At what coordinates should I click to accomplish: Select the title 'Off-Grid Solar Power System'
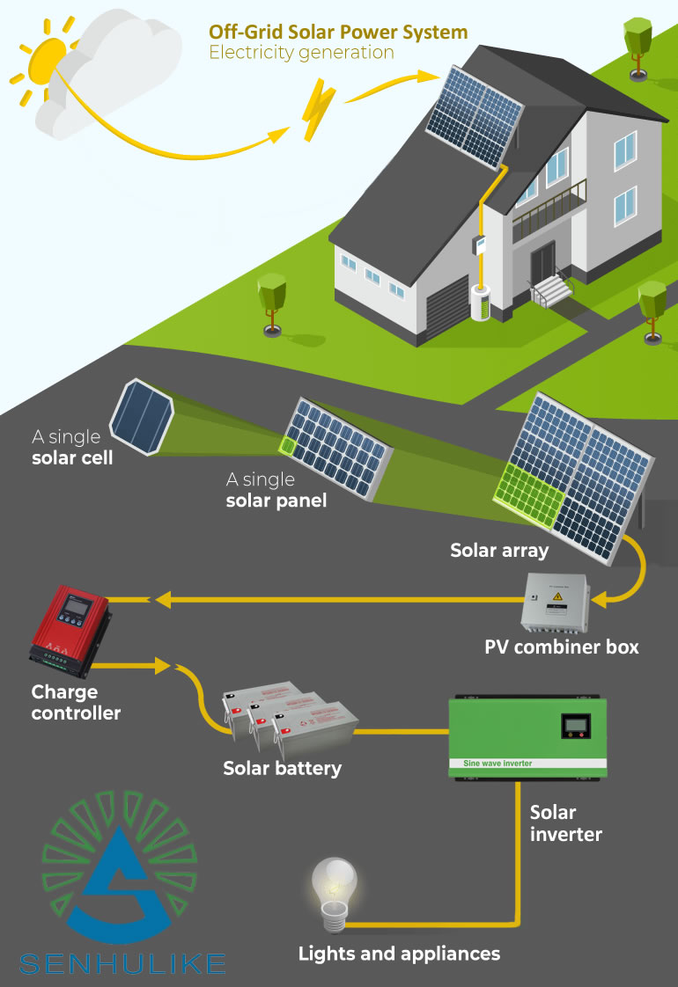(x=338, y=33)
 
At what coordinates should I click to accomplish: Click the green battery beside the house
(x=481, y=303)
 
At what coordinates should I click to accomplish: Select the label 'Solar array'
(x=499, y=552)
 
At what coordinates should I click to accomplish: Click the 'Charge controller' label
(x=76, y=703)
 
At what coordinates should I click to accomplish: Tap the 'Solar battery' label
(x=282, y=769)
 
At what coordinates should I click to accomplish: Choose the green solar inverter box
(x=527, y=737)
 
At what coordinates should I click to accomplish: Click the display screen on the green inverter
(x=575, y=726)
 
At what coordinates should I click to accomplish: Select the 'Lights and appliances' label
(x=399, y=954)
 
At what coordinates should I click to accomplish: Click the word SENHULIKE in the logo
(x=122, y=964)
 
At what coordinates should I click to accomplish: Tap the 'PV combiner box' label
(x=562, y=647)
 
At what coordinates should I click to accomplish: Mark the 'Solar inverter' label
(x=565, y=822)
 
